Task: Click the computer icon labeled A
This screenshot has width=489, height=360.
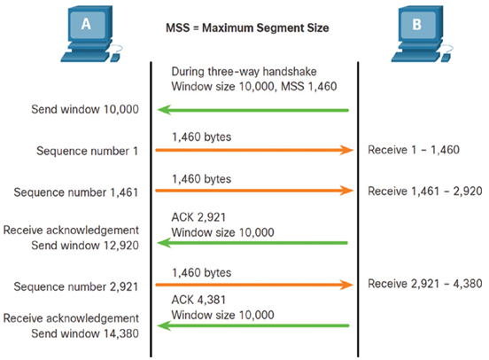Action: pos(91,34)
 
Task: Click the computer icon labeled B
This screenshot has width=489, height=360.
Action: pos(422,34)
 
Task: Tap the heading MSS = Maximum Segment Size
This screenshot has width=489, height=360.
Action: pos(247,28)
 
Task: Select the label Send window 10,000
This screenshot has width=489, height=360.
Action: pos(85,109)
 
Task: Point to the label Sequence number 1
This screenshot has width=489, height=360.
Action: pos(87,151)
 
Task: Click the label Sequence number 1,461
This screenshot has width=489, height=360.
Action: pos(76,192)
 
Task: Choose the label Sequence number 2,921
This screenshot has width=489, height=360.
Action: pos(76,286)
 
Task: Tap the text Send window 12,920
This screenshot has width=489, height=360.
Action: pos(85,246)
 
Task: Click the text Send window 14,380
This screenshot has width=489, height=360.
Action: pos(85,333)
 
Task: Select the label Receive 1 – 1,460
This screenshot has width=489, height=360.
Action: pos(414,150)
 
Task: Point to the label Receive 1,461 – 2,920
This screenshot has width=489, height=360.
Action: pos(424,192)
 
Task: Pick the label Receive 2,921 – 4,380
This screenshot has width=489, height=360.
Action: pos(424,284)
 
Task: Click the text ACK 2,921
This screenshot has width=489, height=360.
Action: pos(198,217)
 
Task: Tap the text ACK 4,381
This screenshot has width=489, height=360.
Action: pos(198,300)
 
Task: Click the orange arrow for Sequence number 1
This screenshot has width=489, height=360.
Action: pos(254,150)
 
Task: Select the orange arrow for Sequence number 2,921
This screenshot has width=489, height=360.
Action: pos(254,285)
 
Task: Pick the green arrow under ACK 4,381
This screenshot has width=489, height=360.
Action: pos(253,325)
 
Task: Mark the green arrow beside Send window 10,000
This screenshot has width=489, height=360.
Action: pos(253,110)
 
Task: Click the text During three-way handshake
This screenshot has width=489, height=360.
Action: pos(244,72)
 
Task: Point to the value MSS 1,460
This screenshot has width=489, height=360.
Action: pos(309,86)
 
